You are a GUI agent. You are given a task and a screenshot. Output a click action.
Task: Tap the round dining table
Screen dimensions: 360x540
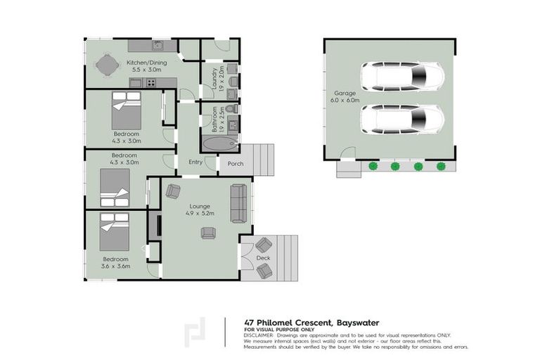pyautogui.click(x=105, y=66)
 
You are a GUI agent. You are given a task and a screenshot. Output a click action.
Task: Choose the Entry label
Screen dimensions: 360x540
pyautogui.click(x=196, y=162)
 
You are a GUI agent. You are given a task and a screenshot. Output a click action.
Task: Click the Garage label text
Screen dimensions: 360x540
pyautogui.click(x=345, y=93)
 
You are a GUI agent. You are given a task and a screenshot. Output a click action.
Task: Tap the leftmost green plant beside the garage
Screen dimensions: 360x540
pyautogui.click(x=373, y=167)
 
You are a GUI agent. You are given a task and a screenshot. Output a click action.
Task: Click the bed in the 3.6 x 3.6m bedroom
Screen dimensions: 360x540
pyautogui.click(x=114, y=233)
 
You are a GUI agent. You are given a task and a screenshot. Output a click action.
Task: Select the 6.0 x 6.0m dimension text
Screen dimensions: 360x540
pyautogui.click(x=345, y=101)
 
